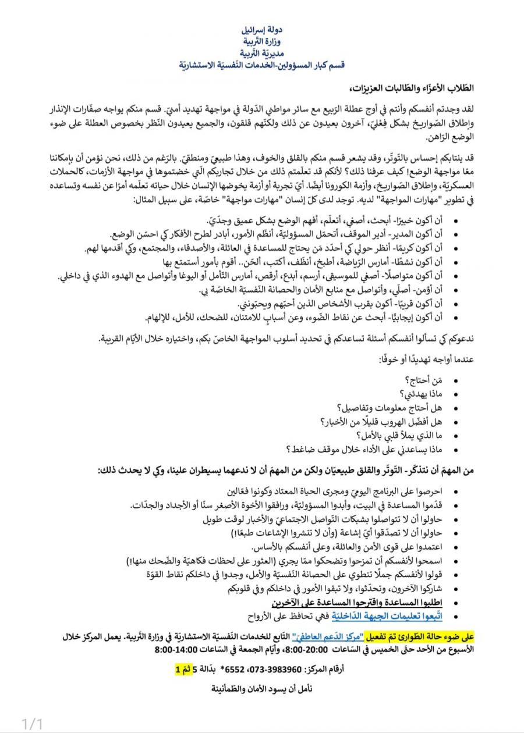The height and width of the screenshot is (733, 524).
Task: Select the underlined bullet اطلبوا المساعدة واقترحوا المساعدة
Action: [349, 603]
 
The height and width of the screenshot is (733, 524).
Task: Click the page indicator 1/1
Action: [33, 724]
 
